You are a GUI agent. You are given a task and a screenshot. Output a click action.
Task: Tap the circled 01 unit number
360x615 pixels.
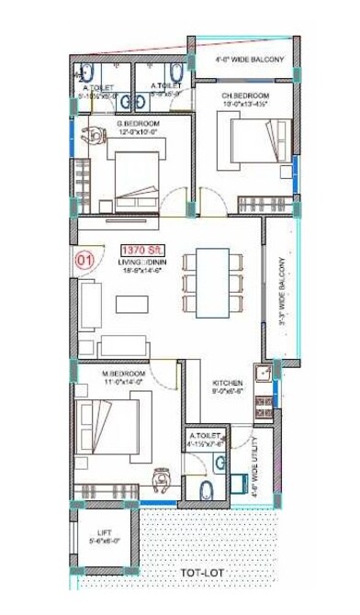[84, 260]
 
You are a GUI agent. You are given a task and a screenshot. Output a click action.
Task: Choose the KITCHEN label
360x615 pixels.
[227, 383]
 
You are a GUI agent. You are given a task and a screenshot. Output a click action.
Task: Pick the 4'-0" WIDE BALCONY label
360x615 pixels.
[250, 61]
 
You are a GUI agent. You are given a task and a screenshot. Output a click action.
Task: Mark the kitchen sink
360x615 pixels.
[263, 373]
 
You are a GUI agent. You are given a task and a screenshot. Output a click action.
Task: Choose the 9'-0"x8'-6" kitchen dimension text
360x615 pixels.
[227, 392]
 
